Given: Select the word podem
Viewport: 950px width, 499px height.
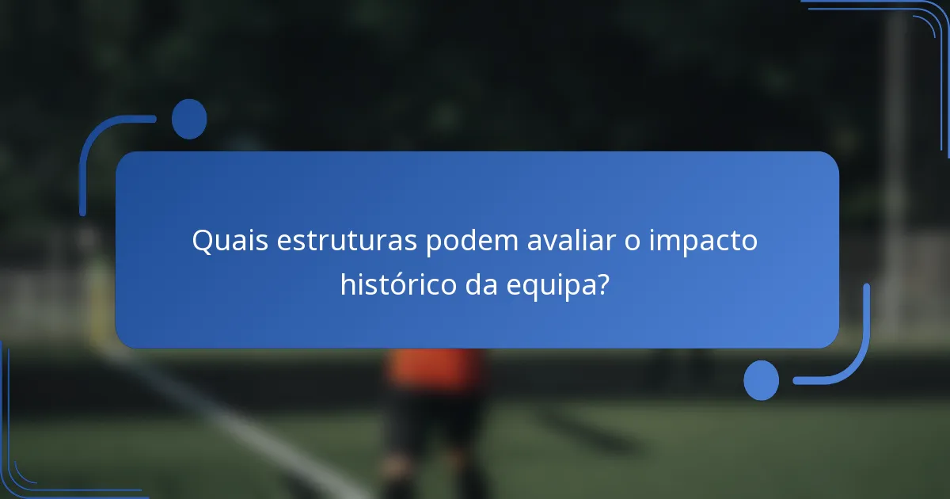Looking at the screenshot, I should pos(473,241).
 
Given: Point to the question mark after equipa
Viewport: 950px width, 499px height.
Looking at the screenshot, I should pos(603,284).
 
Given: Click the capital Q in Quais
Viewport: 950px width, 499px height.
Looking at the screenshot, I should pos(203,241).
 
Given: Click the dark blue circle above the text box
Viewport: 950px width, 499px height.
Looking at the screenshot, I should pos(189,119).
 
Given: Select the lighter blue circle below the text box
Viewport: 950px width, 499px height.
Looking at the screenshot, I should pos(761,380).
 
